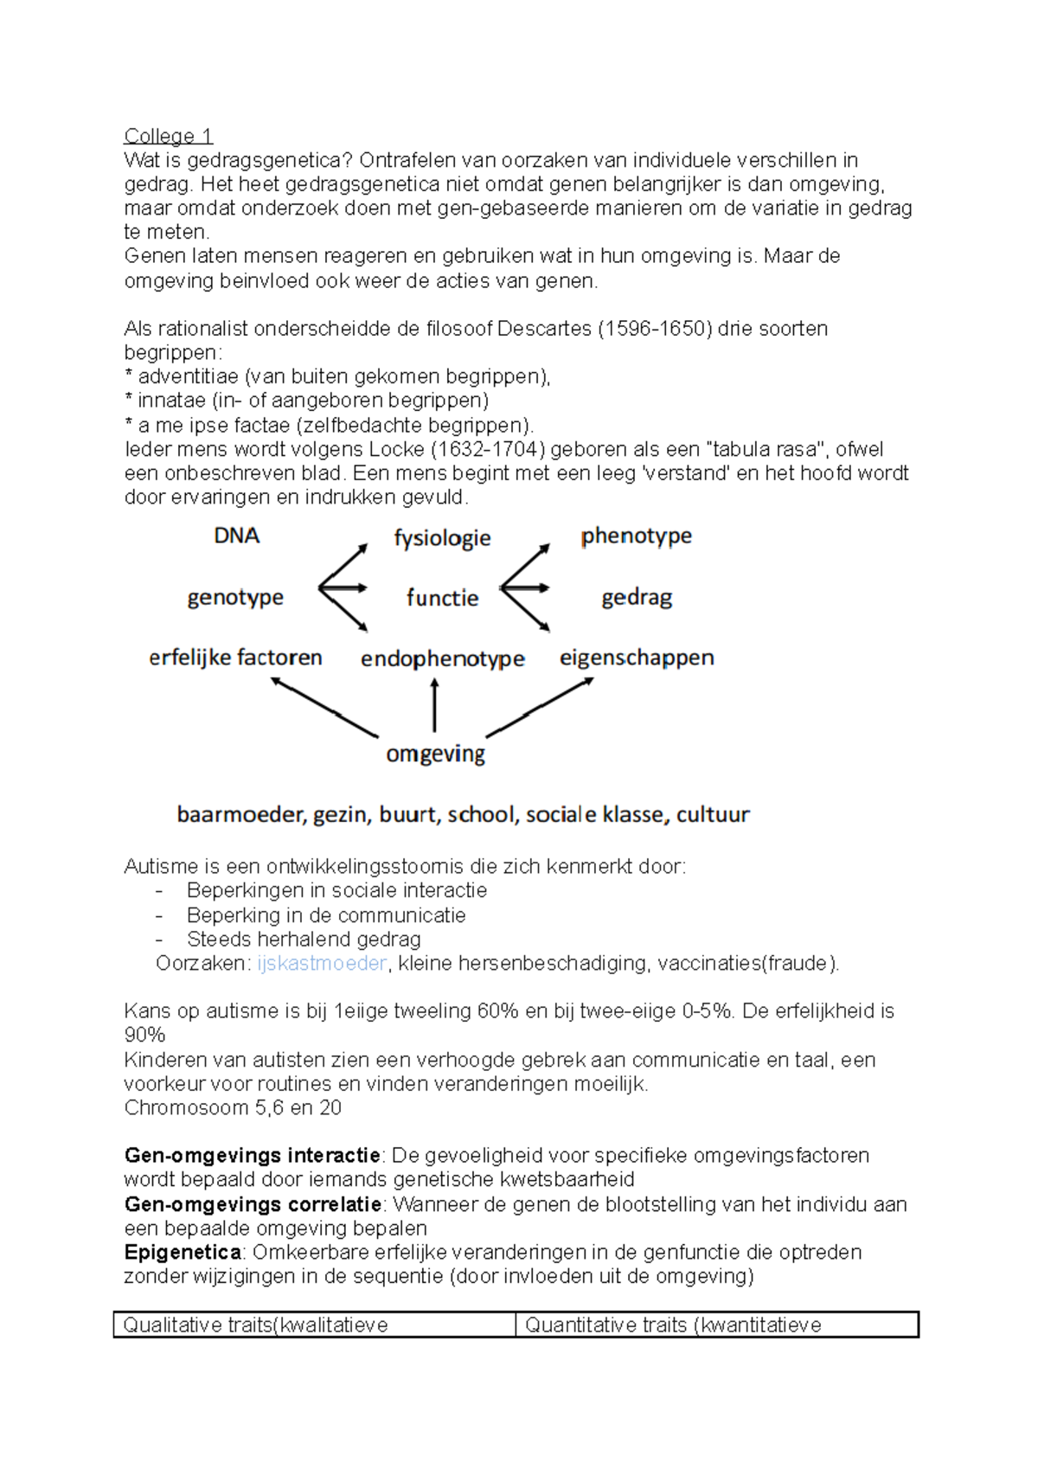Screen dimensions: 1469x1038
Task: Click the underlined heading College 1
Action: tap(168, 136)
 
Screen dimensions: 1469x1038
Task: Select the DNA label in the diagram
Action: tap(236, 536)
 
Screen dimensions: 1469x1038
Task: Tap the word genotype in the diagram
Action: tap(235, 598)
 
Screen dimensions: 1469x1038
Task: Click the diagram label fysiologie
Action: tap(442, 539)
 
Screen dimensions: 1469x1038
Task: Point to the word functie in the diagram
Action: tap(442, 598)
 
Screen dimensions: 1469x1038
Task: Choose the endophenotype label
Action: tap(442, 659)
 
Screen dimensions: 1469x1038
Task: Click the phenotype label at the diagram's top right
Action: tap(636, 536)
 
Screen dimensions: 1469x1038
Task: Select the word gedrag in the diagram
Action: tap(637, 598)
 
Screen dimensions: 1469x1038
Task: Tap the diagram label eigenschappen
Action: tap(637, 658)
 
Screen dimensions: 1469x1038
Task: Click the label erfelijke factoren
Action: tap(235, 658)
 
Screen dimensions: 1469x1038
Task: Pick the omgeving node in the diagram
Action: tap(435, 754)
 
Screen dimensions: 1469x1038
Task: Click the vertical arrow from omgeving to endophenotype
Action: tap(434, 705)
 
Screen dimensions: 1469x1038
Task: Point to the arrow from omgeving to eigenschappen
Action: tap(541, 707)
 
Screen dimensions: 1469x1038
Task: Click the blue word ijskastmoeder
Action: tap(321, 964)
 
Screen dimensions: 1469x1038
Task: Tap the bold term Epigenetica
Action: tap(183, 1253)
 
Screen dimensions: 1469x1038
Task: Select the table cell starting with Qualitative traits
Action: tap(315, 1325)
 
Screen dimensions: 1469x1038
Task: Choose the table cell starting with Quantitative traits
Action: tap(716, 1325)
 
